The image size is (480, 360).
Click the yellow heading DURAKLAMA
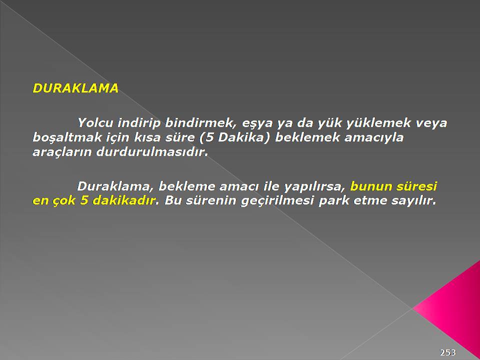click(75, 88)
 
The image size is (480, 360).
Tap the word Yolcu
click(95, 123)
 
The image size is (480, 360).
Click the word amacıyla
click(374, 137)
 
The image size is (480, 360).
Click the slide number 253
click(448, 352)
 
